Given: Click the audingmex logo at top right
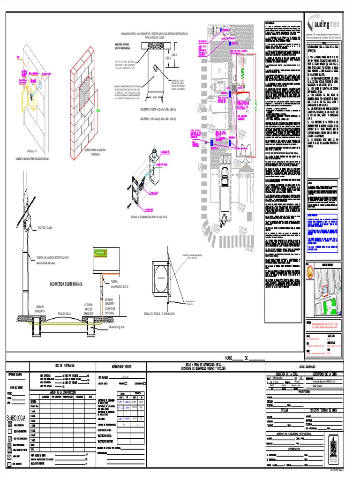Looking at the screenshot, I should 329,22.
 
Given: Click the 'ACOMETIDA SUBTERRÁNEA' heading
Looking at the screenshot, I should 66,284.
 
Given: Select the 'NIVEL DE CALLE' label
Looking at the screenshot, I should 66,313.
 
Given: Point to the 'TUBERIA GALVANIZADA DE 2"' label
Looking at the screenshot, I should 116,283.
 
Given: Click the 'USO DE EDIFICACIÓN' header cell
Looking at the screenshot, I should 63,365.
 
